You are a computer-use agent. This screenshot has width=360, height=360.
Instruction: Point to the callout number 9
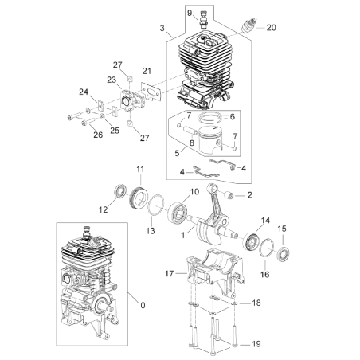coord(190,13)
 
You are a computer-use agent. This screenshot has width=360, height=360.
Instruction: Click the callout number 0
coord(143,304)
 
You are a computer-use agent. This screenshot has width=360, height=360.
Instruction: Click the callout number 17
coord(169,273)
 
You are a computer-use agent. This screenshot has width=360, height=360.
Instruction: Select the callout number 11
coord(140,169)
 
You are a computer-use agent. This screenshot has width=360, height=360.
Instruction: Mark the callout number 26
coord(99,135)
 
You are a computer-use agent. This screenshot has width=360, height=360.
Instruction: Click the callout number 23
coord(112,80)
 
